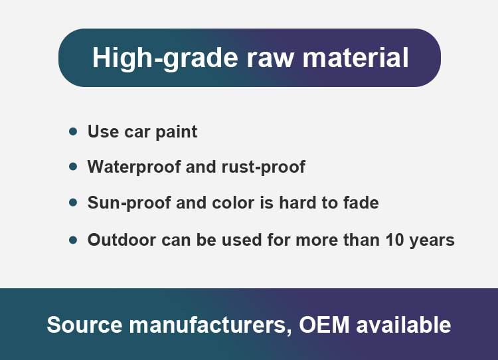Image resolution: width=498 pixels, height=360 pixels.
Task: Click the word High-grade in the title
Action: pos(165,58)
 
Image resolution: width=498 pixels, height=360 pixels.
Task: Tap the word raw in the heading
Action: pos(270,59)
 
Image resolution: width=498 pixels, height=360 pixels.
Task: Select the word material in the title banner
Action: pos(355,58)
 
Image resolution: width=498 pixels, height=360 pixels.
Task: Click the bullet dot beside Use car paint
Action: pos(73,132)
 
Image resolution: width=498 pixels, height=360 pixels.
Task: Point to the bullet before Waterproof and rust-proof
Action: pos(73,166)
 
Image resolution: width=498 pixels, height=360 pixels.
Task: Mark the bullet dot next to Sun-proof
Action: pos(73,203)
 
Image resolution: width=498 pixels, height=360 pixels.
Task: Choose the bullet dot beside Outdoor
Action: pos(73,240)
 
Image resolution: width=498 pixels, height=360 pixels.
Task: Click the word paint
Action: pos(176,132)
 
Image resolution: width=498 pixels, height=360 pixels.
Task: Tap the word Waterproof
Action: pos(134,167)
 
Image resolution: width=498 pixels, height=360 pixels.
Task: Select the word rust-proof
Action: pos(264,167)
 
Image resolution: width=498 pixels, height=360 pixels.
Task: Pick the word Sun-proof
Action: pos(129,203)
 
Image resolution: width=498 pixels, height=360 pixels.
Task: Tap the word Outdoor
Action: pos(122,240)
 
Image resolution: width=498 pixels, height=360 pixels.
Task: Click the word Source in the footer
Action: pos(84,325)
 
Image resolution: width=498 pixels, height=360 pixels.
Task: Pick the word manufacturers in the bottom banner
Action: pos(210,325)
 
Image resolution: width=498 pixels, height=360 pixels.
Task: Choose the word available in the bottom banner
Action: pos(403,325)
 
